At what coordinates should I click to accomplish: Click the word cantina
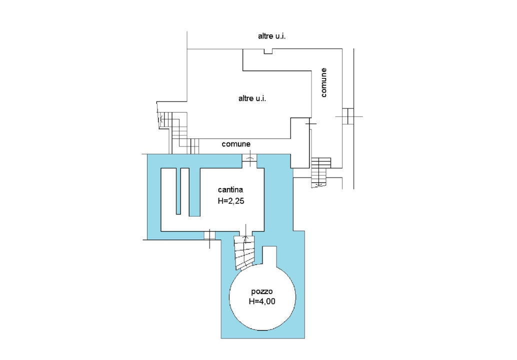tap(230, 189)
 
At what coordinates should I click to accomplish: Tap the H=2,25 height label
tap(231, 201)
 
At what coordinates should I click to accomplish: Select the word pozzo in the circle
tap(262, 291)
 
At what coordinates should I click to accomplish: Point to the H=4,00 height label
tap(262, 301)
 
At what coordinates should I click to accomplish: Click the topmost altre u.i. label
tap(271, 36)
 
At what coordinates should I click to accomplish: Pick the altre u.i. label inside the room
tap(252, 98)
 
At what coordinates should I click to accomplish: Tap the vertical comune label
tap(323, 82)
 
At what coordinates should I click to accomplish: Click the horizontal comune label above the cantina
tap(235, 144)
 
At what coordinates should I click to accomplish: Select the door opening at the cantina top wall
tap(249, 160)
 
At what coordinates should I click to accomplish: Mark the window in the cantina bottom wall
tap(209, 235)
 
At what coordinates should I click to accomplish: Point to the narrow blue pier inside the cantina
tap(178, 191)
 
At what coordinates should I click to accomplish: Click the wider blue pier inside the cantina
tap(194, 192)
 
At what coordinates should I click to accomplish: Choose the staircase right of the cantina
tap(320, 172)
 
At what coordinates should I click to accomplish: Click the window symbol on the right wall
tap(348, 116)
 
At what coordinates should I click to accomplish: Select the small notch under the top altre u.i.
tap(268, 51)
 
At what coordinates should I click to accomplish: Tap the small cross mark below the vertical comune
tap(310, 123)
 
